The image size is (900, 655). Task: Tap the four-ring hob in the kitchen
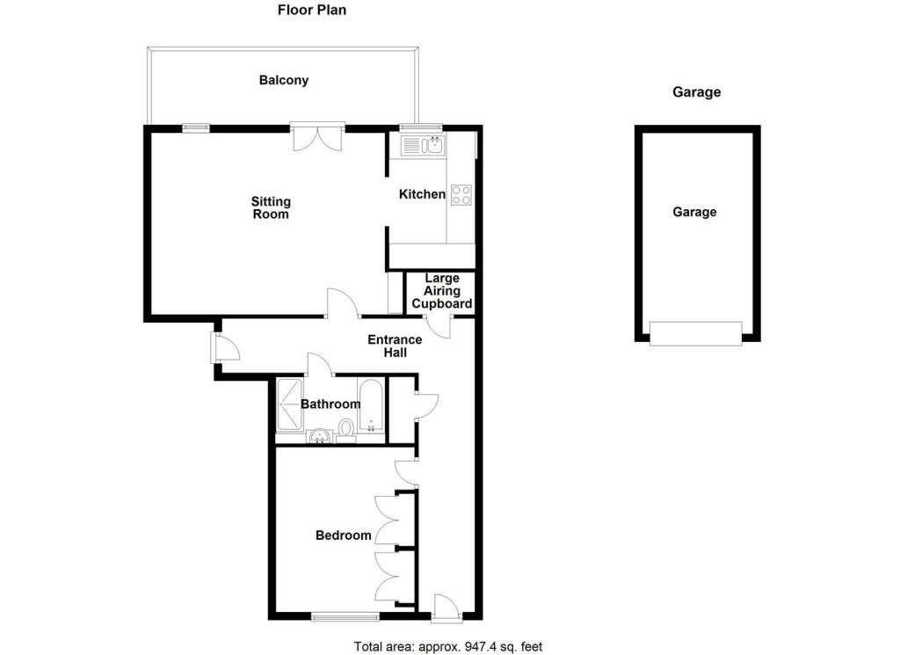(x=461, y=195)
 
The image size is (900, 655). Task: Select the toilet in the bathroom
(x=346, y=428)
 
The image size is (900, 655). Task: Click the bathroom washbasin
(x=319, y=433)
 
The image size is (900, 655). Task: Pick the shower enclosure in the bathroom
(x=289, y=405)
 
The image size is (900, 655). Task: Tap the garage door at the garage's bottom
(x=695, y=333)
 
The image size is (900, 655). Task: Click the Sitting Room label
(x=271, y=208)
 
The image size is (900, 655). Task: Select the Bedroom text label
(x=344, y=535)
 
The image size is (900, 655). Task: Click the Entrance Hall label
(x=395, y=346)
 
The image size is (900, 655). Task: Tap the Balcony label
(x=284, y=80)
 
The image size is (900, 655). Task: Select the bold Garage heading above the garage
(x=696, y=91)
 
